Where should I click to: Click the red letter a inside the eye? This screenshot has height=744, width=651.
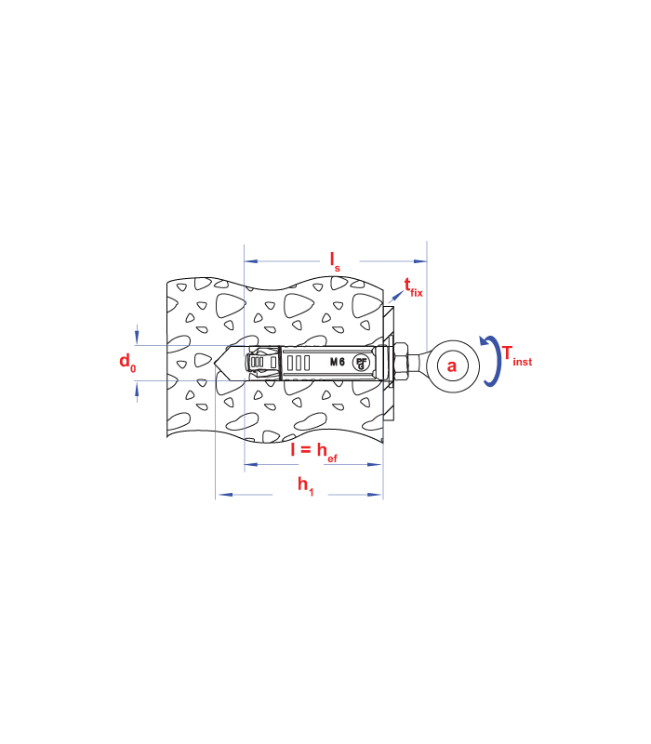click(452, 365)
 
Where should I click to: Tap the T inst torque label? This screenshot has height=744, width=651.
click(517, 356)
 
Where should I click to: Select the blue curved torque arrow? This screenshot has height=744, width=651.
click(491, 361)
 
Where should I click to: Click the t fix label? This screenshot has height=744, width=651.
click(413, 288)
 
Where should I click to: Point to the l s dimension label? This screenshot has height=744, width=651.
click(335, 262)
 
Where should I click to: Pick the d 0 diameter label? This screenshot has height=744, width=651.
click(127, 363)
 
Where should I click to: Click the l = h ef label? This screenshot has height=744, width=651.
click(314, 452)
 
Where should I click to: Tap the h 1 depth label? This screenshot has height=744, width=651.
click(306, 486)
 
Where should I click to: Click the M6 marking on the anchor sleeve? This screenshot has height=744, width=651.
click(338, 362)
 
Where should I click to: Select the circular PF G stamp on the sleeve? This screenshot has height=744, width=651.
click(361, 363)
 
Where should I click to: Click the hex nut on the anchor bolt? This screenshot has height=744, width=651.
click(402, 363)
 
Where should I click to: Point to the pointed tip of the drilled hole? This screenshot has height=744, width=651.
click(215, 363)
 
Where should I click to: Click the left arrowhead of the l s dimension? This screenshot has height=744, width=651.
click(250, 261)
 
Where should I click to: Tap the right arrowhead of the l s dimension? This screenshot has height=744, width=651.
click(420, 261)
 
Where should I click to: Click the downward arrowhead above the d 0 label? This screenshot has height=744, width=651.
click(137, 338)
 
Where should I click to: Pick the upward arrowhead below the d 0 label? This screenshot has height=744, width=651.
click(137, 389)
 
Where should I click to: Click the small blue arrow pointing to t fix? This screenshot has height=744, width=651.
click(396, 297)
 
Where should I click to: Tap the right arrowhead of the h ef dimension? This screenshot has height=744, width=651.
click(375, 464)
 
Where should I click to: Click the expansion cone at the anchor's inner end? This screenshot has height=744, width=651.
click(261, 363)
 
